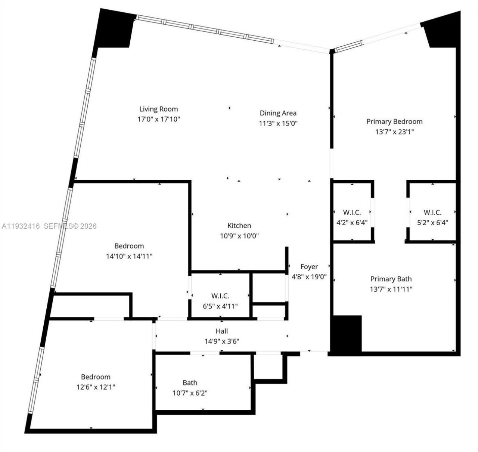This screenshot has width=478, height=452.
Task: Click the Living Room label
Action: (158, 109)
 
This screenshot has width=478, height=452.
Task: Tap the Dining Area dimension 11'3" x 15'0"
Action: (278, 123)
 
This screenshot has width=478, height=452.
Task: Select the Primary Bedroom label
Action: (394, 121)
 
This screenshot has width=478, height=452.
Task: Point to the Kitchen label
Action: (239, 226)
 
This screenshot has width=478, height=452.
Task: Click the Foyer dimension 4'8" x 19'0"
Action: (309, 277)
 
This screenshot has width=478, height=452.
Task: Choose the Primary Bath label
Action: (391, 279)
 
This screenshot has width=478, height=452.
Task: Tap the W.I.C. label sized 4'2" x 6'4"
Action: (352, 213)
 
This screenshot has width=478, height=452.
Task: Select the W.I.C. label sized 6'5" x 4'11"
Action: (220, 296)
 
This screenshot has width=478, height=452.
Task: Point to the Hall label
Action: (221, 331)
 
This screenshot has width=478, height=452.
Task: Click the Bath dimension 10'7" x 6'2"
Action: (190, 393)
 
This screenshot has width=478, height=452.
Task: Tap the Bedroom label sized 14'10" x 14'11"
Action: (129, 246)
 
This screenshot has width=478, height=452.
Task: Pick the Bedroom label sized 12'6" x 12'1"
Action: (96, 377)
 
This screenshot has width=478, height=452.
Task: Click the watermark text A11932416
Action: (21, 226)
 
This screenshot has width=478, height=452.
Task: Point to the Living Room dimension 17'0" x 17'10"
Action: (159, 119)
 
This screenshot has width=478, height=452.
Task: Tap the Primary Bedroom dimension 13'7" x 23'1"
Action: (394, 131)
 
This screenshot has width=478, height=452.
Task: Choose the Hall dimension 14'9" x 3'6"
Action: (221, 341)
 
